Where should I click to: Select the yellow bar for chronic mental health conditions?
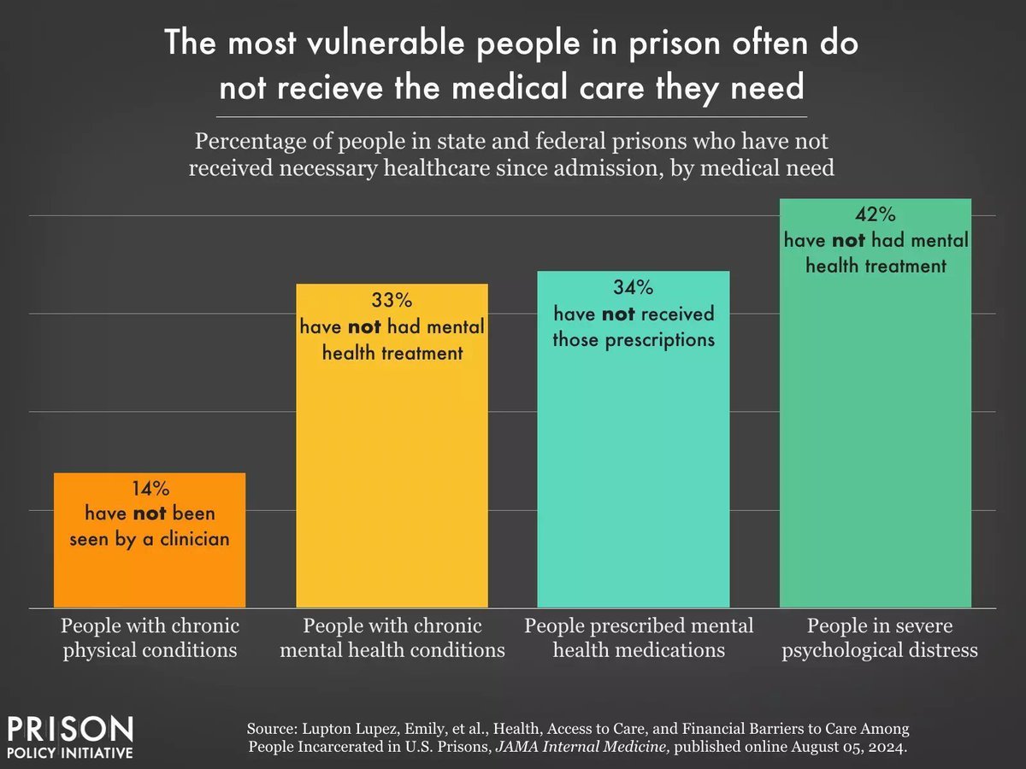[x=392, y=478]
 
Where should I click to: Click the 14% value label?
[x=150, y=490]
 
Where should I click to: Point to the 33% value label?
[x=392, y=302]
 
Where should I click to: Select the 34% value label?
[x=633, y=289]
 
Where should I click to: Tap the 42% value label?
[x=876, y=215]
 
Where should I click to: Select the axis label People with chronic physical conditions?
[x=150, y=637]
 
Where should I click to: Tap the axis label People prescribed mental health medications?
[x=639, y=637]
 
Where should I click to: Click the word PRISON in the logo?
[x=70, y=729]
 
